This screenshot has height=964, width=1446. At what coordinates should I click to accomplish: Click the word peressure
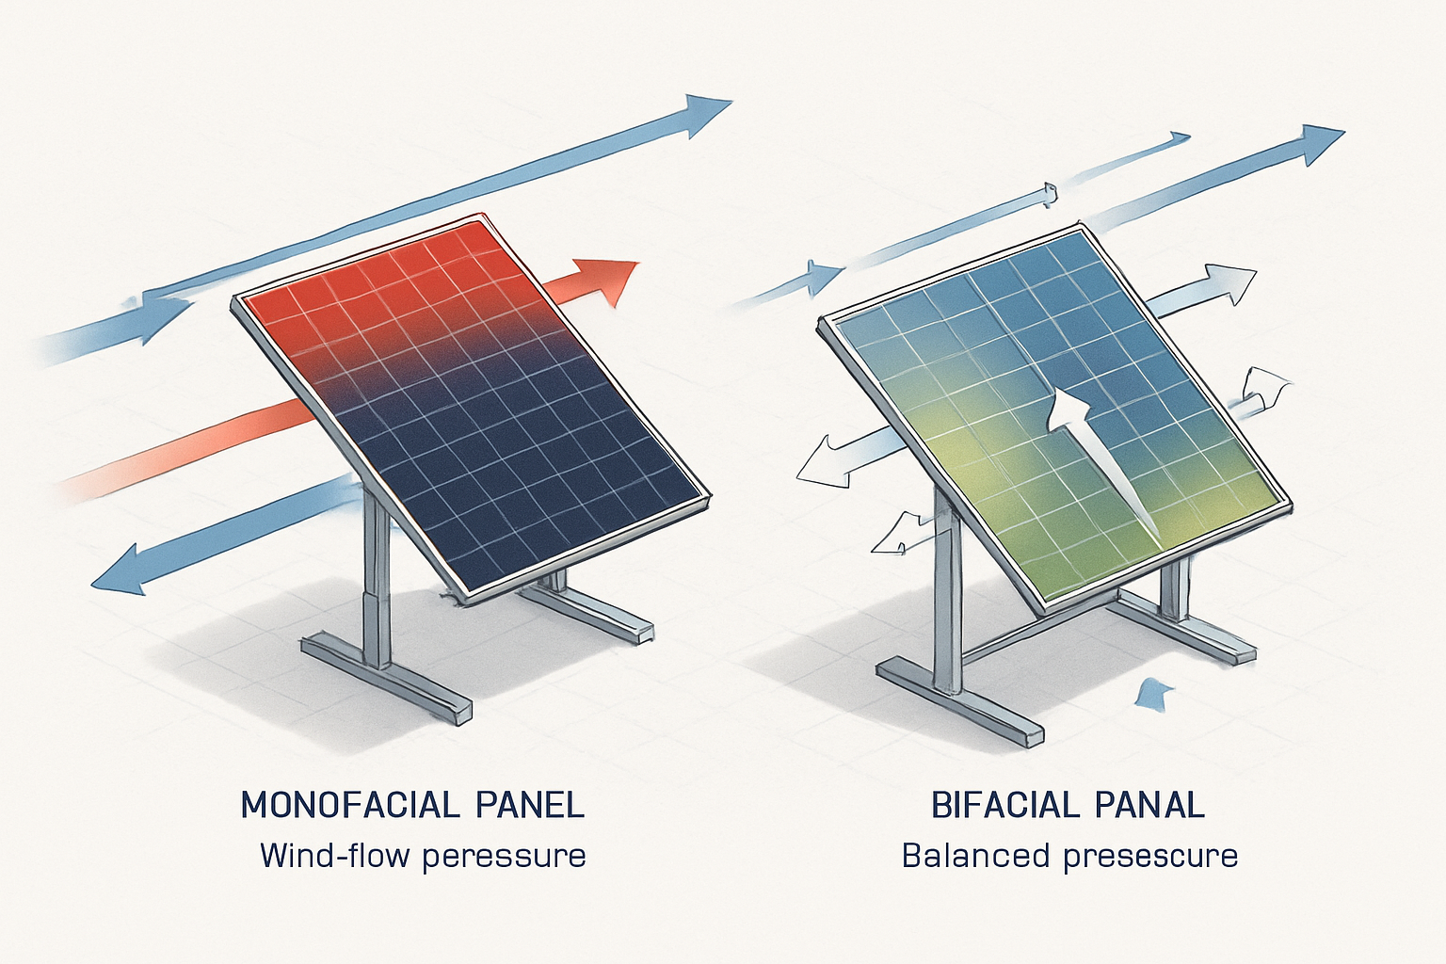(504, 856)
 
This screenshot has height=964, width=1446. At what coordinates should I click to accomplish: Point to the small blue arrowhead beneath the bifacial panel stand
(1154, 695)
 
